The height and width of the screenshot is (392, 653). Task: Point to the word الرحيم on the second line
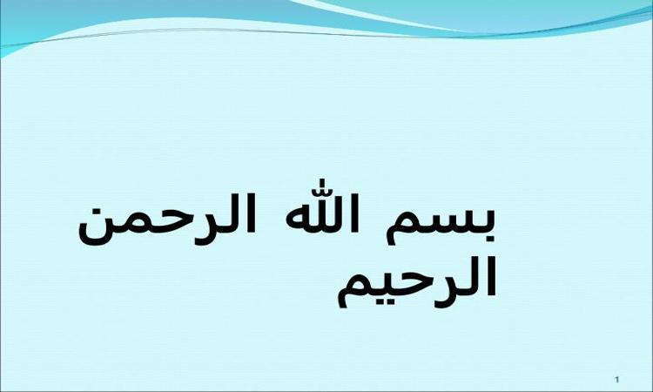[x=416, y=280]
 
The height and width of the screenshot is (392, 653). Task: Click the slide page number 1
[x=617, y=380]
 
